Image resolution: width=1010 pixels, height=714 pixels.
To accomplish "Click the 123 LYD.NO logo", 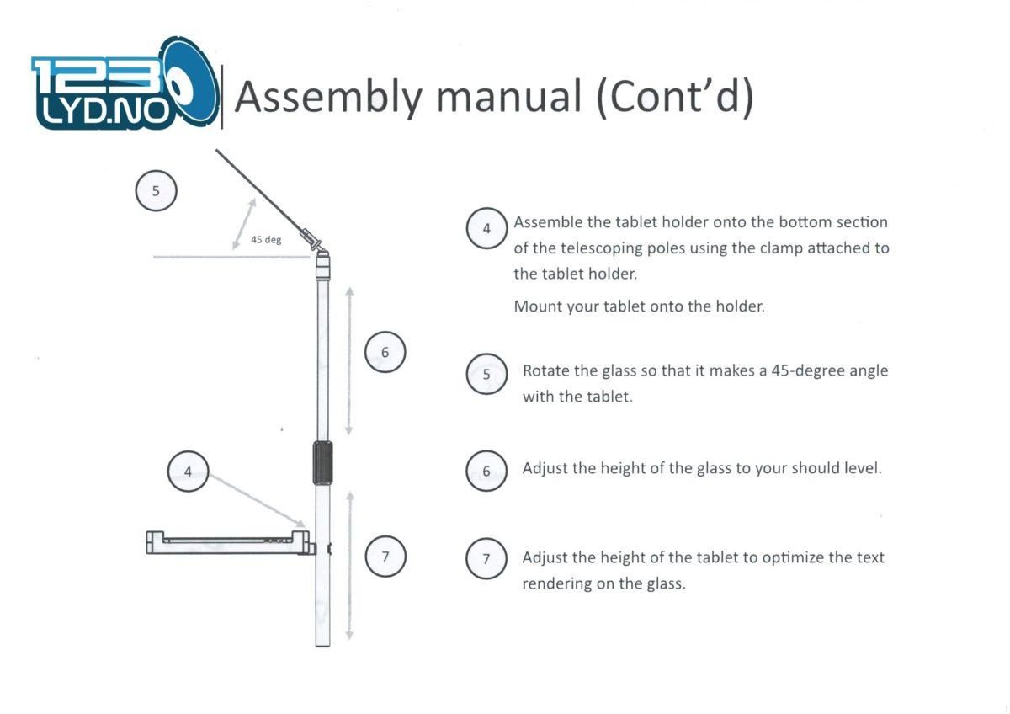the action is tap(125, 84).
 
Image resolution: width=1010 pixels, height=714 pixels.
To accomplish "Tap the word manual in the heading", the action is tap(509, 96).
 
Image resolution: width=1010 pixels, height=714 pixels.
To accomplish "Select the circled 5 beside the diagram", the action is tap(156, 191).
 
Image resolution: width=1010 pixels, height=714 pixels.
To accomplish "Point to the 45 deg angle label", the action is tap(266, 239).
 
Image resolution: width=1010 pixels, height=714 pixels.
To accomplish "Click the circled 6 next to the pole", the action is tap(385, 352).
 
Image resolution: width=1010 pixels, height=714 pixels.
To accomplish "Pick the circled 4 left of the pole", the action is tap(188, 472).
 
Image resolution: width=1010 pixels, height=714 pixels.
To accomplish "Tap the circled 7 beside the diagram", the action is tap(385, 557).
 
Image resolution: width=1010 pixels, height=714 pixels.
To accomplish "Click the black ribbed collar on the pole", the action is tap(323, 463).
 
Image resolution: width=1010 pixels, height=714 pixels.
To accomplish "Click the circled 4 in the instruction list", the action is tap(486, 228).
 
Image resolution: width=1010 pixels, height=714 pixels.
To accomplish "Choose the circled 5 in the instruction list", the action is tap(486, 374).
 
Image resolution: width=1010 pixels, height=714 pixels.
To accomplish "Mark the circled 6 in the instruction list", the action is tap(486, 471).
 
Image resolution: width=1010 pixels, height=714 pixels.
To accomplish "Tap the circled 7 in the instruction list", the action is tap(486, 559).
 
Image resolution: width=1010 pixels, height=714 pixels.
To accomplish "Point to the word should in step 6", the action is tap(820, 468).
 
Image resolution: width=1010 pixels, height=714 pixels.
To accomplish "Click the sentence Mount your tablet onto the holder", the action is tap(640, 306).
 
